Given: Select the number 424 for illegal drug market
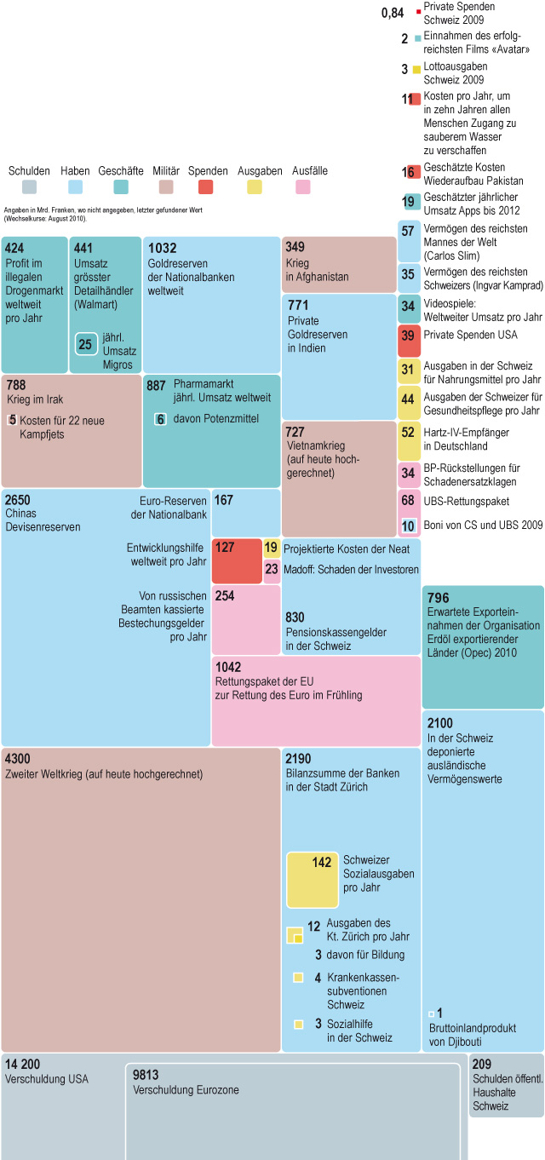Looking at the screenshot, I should [14, 248].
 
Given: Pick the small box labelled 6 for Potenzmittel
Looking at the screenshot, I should [160, 419].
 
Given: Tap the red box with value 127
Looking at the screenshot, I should [237, 560].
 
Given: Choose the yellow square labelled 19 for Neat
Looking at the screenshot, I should [272, 548].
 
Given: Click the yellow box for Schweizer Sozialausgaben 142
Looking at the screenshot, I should [312, 880].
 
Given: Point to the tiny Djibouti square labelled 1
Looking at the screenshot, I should [432, 1014].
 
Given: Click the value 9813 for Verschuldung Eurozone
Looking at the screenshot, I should [146, 1075].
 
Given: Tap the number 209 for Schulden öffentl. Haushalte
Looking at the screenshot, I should [481, 1064].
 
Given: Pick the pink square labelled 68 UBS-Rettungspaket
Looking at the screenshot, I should [409, 500].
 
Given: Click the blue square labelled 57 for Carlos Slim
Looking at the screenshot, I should [409, 232].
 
